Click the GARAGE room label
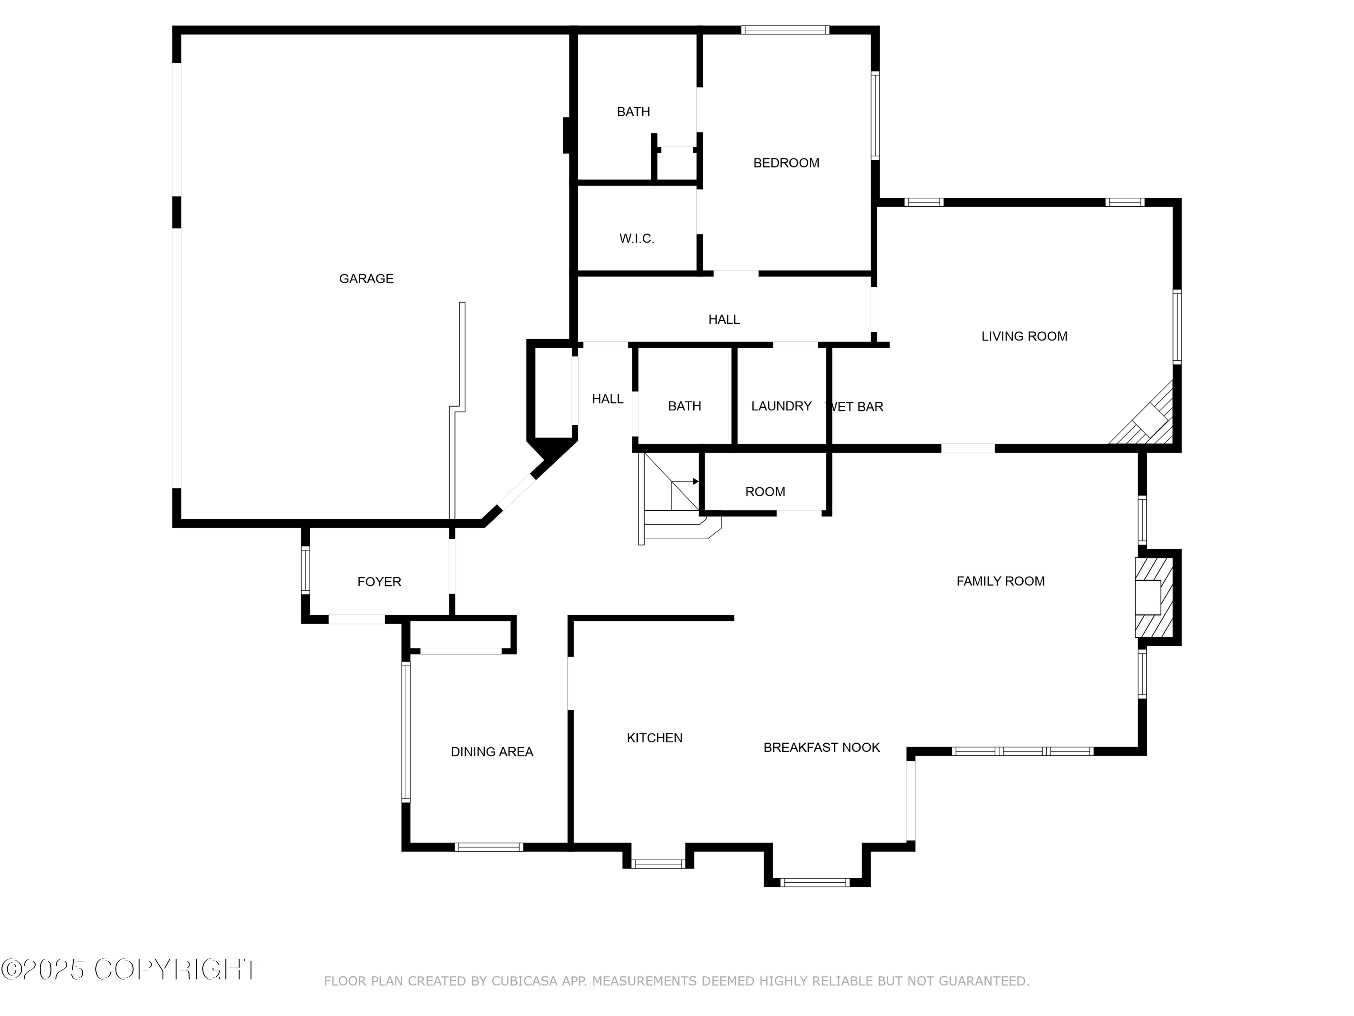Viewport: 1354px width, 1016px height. coord(366,279)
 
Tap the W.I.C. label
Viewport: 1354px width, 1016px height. coord(636,239)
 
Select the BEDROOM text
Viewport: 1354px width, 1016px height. coord(786,163)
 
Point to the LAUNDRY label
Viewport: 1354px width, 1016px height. coord(781,406)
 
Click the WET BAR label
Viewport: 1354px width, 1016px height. coord(855,407)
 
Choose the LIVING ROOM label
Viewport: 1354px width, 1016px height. coord(1024,336)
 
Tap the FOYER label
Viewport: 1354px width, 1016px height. coord(379,582)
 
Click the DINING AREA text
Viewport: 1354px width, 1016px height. coord(492,752)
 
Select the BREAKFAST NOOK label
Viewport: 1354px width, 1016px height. coord(821,747)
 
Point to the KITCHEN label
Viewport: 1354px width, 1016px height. coord(654,738)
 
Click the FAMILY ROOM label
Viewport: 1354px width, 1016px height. coord(1000,581)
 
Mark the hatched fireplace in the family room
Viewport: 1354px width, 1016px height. coord(1154,597)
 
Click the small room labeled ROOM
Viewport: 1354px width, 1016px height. coord(765,492)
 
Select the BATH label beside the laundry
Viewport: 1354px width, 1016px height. coord(684,406)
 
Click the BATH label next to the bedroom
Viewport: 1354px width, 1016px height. coord(633,112)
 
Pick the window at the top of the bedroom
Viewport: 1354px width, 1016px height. coord(785,30)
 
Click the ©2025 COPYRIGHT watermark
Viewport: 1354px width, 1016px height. coord(130,969)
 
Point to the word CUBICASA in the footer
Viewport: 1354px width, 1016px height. coord(524,981)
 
